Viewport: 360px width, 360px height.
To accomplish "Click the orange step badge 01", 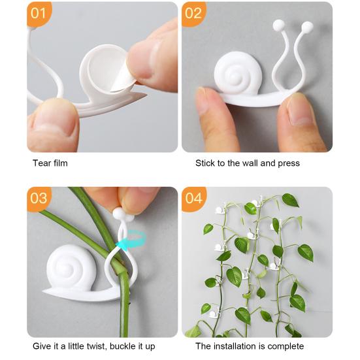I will (39, 13).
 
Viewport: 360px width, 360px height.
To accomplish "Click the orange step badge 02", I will (194, 13).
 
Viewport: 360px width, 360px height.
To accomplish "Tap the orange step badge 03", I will (39, 198).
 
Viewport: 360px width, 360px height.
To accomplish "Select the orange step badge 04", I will (194, 198).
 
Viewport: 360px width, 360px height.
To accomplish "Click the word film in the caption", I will (60, 163).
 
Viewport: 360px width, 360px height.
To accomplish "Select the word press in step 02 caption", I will (287, 163).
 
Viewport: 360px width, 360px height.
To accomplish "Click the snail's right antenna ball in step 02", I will (306, 27).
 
